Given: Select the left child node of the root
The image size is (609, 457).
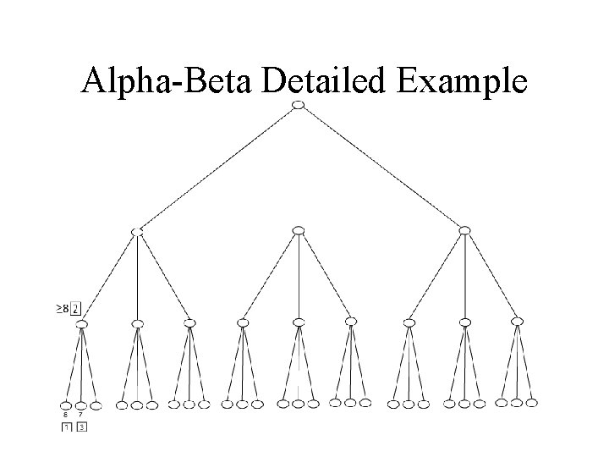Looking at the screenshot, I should (x=136, y=230).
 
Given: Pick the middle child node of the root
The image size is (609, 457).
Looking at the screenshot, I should (x=298, y=230).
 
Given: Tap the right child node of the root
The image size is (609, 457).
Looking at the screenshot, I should (x=464, y=230).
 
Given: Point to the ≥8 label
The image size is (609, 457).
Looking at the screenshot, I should (x=63, y=308).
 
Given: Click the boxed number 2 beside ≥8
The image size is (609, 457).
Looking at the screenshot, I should (x=76, y=308).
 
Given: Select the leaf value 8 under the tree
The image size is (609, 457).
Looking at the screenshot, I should (x=66, y=415).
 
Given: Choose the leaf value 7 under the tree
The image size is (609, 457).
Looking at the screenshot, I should (x=81, y=415).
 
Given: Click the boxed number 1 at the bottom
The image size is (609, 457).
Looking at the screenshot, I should (x=66, y=427).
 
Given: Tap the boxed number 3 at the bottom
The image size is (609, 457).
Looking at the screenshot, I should (x=81, y=427).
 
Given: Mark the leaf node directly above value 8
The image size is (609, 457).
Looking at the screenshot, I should (x=66, y=405).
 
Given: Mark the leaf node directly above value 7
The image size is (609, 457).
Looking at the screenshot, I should (x=81, y=405).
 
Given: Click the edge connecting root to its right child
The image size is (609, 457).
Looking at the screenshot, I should (x=381, y=167).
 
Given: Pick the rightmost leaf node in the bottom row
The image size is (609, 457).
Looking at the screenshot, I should (x=532, y=403).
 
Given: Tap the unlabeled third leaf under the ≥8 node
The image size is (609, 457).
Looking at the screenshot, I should (x=96, y=405).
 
